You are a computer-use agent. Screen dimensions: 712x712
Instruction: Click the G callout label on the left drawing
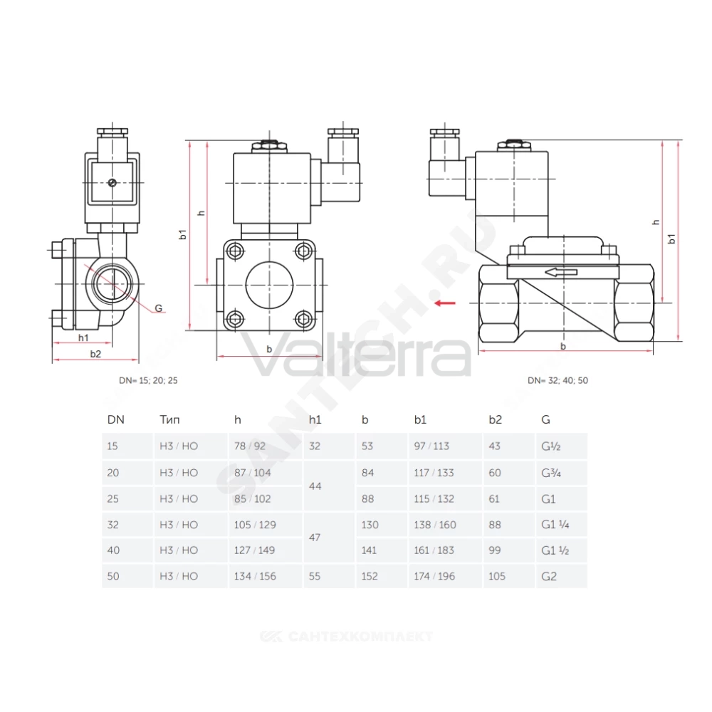click(x=159, y=308)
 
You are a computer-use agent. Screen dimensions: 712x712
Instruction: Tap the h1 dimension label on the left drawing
click(x=83, y=337)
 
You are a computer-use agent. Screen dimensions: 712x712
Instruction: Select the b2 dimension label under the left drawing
click(x=95, y=354)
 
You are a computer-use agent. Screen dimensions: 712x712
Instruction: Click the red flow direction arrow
click(x=444, y=303)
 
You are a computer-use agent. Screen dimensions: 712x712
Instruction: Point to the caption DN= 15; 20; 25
click(x=149, y=380)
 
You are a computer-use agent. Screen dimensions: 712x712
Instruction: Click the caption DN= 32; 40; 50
click(x=557, y=380)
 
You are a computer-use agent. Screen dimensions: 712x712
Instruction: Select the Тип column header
click(x=170, y=419)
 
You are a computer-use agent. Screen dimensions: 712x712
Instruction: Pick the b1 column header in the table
click(x=420, y=419)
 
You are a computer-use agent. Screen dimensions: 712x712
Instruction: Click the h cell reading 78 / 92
click(x=250, y=446)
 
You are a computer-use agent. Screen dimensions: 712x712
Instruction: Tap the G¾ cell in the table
click(x=551, y=473)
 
